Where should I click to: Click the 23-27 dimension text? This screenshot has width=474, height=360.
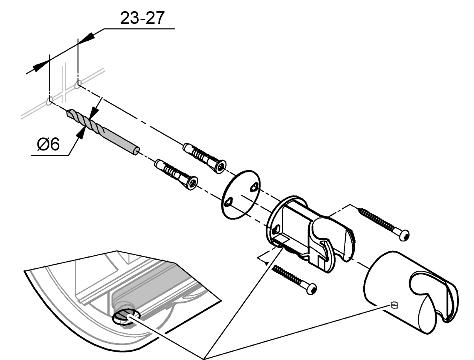tap(141, 19)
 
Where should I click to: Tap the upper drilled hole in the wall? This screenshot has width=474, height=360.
tap(78, 84)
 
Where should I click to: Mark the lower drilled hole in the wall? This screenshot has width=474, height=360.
tap(49, 102)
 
